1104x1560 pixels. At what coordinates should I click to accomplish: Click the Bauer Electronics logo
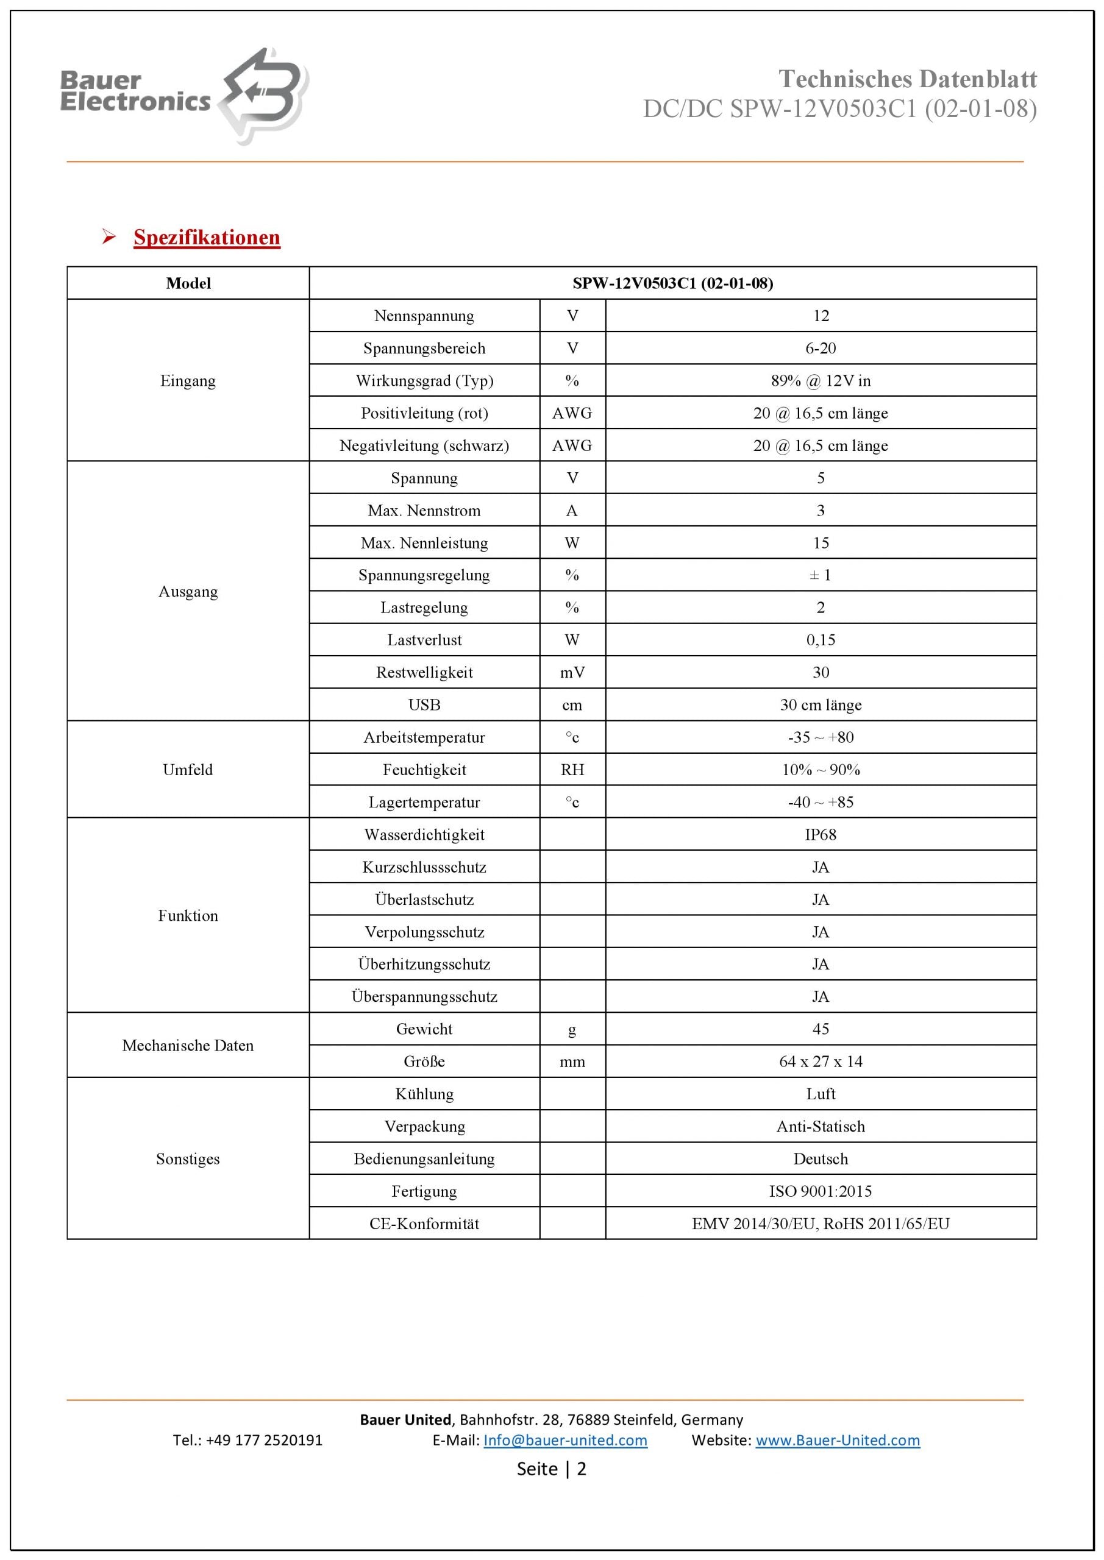pyautogui.click(x=183, y=95)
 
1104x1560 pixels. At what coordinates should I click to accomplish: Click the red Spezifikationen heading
pyautogui.click(x=207, y=237)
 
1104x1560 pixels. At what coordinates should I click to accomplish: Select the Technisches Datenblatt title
pyautogui.click(x=907, y=79)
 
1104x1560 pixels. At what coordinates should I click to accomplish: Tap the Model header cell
pyautogui.click(x=188, y=283)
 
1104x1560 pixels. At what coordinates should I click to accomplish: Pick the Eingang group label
pyautogui.click(x=188, y=380)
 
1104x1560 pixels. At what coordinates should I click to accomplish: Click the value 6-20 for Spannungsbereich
pyautogui.click(x=821, y=349)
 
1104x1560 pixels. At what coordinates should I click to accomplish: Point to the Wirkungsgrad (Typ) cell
pyautogui.click(x=424, y=380)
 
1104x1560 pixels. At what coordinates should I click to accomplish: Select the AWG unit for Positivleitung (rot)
pyautogui.click(x=572, y=413)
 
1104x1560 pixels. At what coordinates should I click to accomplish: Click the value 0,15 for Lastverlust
pyautogui.click(x=821, y=640)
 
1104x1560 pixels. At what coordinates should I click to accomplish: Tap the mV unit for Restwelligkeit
pyautogui.click(x=572, y=673)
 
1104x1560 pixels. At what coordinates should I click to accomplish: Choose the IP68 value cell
pyautogui.click(x=821, y=835)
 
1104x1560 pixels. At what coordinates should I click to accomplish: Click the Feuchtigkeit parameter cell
pyautogui.click(x=424, y=770)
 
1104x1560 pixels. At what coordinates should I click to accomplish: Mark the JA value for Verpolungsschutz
pyautogui.click(x=821, y=932)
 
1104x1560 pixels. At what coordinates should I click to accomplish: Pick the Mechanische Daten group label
pyautogui.click(x=188, y=1046)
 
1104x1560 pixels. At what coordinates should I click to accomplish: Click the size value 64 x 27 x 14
pyautogui.click(x=821, y=1062)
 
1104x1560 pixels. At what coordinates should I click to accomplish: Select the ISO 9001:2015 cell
pyautogui.click(x=821, y=1191)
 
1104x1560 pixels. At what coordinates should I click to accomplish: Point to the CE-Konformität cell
pyautogui.click(x=424, y=1224)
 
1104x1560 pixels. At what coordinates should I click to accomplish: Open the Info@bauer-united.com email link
pyautogui.click(x=565, y=1441)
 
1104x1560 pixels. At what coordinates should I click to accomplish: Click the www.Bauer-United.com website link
pyautogui.click(x=838, y=1441)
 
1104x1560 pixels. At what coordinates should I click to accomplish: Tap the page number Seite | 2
pyautogui.click(x=551, y=1469)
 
